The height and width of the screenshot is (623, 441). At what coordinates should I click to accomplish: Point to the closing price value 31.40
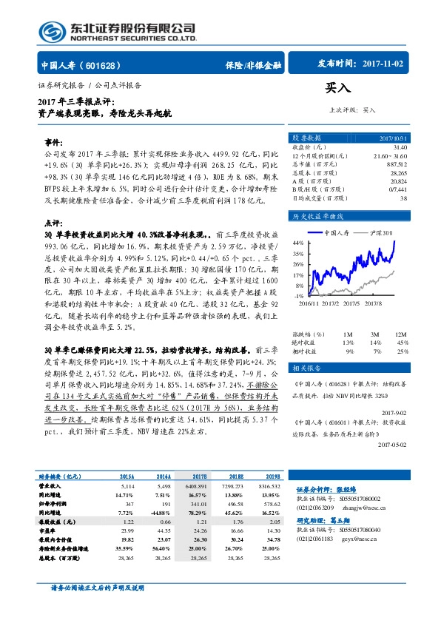[400, 147]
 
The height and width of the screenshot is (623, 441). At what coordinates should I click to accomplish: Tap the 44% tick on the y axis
[298, 243]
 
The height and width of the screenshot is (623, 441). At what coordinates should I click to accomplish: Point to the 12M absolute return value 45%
[403, 322]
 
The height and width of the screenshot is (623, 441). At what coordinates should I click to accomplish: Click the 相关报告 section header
[306, 347]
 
